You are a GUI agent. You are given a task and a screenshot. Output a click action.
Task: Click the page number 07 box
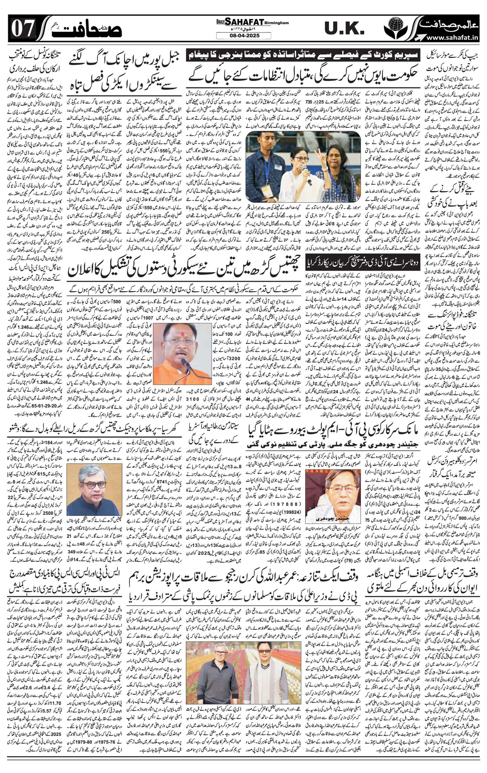pos(22,30)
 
